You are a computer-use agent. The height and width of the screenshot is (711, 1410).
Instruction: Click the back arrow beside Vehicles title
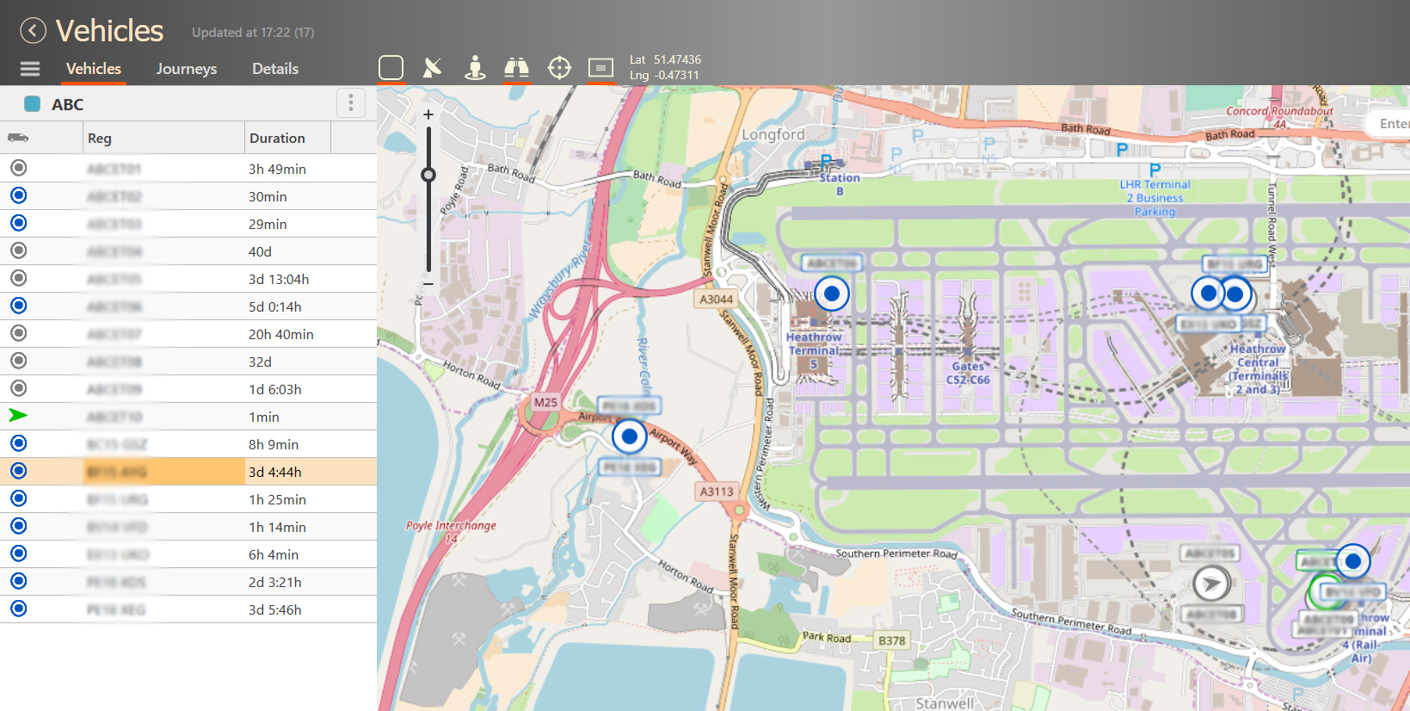33,31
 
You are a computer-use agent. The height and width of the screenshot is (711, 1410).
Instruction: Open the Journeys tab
186,69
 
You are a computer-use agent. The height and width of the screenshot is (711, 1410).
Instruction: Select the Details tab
275,69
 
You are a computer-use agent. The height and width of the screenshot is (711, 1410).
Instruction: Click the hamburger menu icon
30,69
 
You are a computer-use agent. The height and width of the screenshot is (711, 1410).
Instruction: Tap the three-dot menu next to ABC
350,103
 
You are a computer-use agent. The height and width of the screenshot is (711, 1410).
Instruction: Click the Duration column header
277,138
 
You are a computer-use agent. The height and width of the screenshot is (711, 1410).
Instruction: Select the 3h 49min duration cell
277,169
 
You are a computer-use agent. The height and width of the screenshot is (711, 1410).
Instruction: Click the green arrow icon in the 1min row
18,416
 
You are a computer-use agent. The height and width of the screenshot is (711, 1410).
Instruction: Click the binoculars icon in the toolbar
516,67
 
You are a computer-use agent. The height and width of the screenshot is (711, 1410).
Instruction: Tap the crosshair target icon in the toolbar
559,67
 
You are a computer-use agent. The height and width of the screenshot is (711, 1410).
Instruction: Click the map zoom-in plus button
428,114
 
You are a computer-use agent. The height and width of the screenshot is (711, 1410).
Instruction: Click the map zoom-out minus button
428,283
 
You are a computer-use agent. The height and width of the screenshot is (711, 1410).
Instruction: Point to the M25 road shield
545,402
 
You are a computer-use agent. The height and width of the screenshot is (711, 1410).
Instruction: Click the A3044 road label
716,300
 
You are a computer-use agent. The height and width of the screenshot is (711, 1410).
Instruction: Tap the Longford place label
773,134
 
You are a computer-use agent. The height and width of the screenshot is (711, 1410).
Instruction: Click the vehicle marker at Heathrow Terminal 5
831,294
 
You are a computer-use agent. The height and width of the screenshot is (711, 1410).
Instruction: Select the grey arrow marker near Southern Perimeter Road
1211,584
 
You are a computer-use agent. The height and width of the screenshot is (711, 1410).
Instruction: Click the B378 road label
891,640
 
